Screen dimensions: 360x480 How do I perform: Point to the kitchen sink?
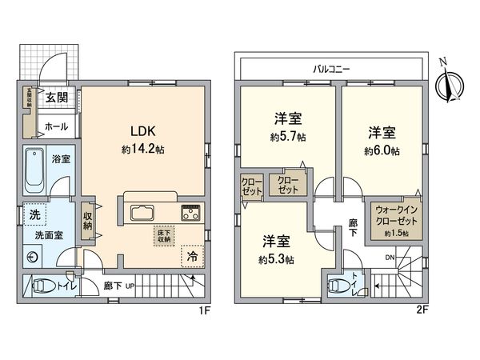[142, 213]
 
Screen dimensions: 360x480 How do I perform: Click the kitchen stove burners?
[192, 213]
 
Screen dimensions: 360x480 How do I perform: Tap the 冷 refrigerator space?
[193, 257]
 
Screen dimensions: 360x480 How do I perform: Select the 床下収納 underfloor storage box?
[163, 234]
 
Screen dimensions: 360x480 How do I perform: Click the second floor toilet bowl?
[339, 284]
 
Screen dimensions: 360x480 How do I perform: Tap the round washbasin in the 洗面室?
[33, 257]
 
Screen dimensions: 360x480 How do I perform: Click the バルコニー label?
[329, 70]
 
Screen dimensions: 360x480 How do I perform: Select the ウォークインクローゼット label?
[392, 216]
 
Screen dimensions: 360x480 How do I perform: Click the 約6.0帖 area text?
[381, 150]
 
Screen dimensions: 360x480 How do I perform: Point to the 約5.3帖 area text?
[276, 259]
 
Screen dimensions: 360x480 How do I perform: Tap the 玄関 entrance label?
[55, 98]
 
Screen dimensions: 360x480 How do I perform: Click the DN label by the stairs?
[389, 257]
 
